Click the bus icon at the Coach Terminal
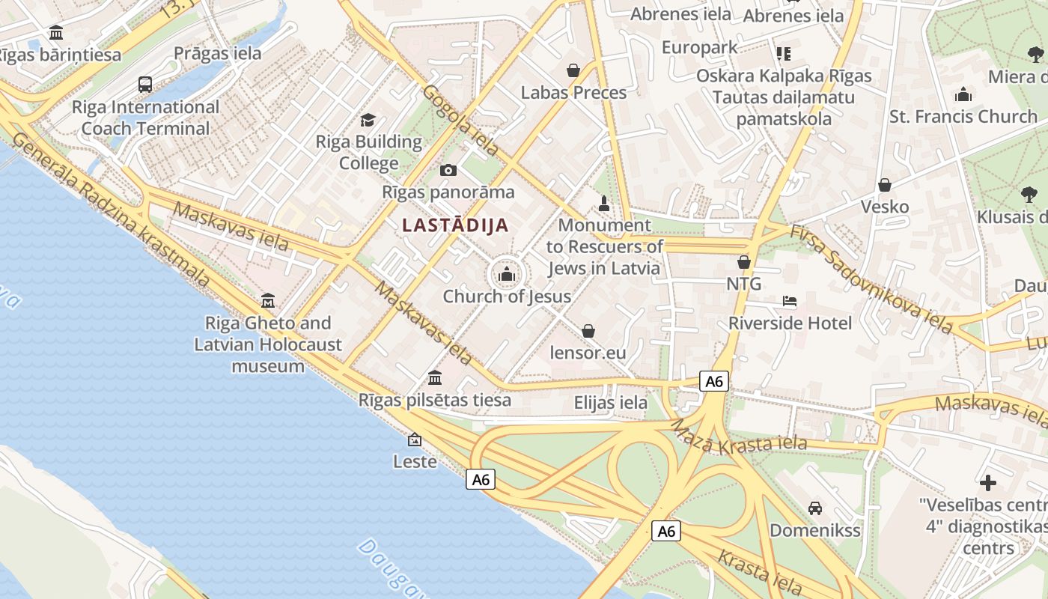tap(145, 84)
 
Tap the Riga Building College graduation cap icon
tap(368, 120)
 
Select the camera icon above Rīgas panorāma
tap(448, 170)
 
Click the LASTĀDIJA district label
tap(455, 225)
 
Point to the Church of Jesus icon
tap(507, 275)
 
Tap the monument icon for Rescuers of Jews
tap(604, 203)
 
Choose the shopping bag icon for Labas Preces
tap(573, 70)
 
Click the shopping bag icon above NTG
tap(744, 262)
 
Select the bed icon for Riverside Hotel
tap(790, 301)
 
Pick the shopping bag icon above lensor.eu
tap(588, 330)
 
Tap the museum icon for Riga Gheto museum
tap(268, 301)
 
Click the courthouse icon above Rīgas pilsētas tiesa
tap(435, 377)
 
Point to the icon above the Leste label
tap(415, 440)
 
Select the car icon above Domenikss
tap(815, 508)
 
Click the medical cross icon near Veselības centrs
tap(988, 483)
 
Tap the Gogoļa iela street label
tap(460, 120)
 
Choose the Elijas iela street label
tap(611, 403)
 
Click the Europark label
tap(699, 48)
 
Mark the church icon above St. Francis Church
tap(963, 94)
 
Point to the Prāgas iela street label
tap(218, 53)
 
